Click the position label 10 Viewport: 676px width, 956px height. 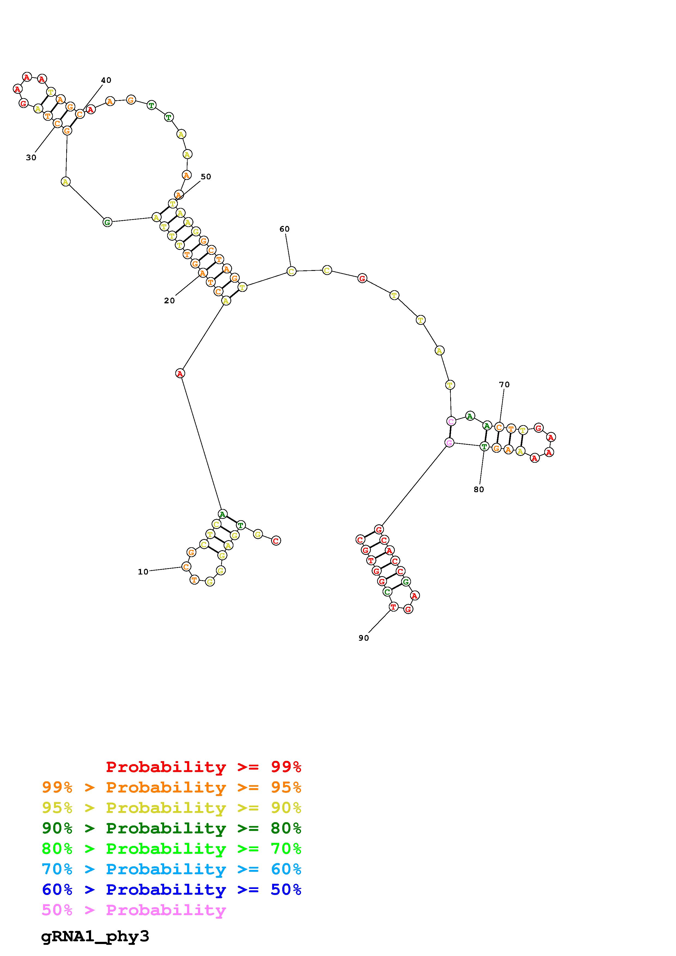coord(143,572)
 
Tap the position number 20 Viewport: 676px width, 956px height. coord(169,301)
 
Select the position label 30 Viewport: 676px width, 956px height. coord(31,158)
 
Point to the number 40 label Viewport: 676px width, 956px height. coord(106,80)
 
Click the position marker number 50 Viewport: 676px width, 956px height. coord(206,177)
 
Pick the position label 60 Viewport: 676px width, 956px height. coord(284,229)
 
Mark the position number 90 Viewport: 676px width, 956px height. coord(363,638)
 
